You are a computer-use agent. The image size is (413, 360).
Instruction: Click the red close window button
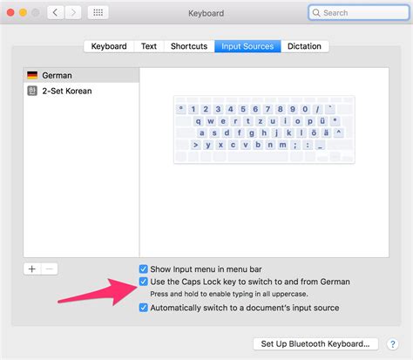[11, 13]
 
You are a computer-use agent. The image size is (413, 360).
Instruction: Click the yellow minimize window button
[25, 13]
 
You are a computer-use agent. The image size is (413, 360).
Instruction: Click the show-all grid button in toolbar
[97, 13]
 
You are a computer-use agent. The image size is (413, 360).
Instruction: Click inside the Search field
[357, 13]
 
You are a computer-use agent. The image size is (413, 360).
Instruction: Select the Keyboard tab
[109, 46]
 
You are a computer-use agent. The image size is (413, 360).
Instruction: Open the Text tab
[149, 46]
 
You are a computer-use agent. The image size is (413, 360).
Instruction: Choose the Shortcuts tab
[189, 46]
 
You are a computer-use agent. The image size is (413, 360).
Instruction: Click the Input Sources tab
[247, 46]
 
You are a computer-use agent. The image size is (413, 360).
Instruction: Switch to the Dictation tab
[304, 46]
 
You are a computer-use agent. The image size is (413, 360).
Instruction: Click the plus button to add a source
[32, 268]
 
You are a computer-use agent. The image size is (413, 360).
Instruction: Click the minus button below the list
[49, 268]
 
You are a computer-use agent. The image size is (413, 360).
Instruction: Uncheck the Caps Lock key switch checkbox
[144, 282]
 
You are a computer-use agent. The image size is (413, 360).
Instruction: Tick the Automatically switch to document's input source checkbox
[144, 308]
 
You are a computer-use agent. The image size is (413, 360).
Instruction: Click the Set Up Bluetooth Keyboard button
[315, 343]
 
